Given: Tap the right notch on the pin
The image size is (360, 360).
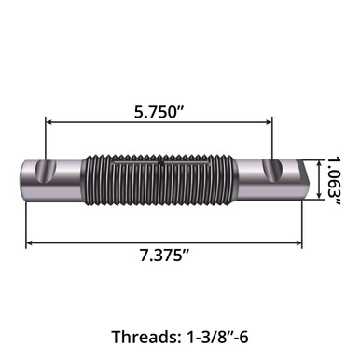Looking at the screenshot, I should [x=276, y=171].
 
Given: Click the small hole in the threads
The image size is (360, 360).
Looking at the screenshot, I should [x=161, y=163].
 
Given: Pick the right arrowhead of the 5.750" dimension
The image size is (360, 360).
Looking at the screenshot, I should [x=268, y=121].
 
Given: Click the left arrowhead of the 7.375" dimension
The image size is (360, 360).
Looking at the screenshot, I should [x=29, y=242].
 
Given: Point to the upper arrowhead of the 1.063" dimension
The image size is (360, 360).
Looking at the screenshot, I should [x=321, y=163].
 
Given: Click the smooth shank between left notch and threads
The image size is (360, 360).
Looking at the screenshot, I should [x=71, y=179].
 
